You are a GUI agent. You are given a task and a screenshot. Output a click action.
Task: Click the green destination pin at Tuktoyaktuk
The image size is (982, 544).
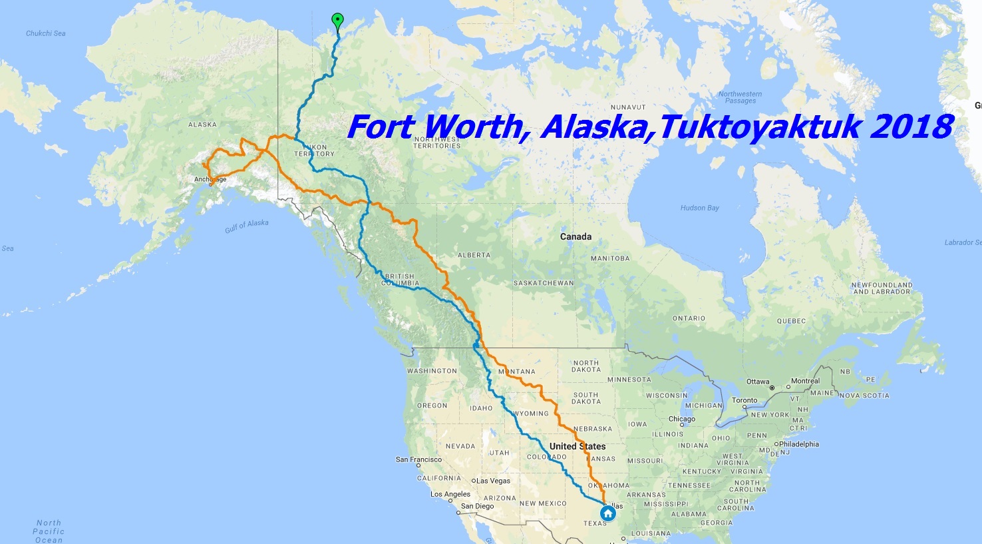(x=337, y=20)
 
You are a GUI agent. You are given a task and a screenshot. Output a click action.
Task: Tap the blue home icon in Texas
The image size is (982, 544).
(x=607, y=513)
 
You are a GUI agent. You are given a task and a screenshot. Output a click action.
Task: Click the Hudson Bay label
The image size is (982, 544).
(x=699, y=208)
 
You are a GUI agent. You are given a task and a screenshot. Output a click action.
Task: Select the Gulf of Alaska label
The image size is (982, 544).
(x=247, y=226)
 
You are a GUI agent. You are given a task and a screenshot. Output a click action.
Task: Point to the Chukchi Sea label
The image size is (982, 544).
(x=45, y=33)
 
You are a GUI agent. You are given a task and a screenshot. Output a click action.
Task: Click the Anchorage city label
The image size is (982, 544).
(x=210, y=179)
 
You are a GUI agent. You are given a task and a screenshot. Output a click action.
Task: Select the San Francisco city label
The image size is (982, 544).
(x=418, y=459)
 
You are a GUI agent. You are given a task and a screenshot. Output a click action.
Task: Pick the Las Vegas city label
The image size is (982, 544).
(x=493, y=481)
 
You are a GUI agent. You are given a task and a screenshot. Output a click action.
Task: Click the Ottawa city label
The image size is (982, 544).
(x=758, y=382)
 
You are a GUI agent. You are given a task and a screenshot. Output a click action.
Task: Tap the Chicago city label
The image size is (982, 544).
(x=681, y=419)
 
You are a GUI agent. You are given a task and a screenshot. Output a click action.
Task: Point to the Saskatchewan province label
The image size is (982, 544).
(x=544, y=283)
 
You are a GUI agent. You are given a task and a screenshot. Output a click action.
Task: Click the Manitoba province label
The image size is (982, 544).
(x=609, y=258)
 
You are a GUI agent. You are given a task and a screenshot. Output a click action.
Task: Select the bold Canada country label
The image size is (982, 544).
(x=575, y=236)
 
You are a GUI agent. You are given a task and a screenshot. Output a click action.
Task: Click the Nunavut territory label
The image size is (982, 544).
(x=628, y=107)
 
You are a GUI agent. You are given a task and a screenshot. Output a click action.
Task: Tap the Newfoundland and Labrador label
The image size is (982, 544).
(x=882, y=288)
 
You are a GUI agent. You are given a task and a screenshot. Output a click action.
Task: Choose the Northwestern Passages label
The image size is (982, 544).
(x=740, y=97)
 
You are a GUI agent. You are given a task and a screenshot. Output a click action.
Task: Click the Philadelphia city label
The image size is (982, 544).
(x=798, y=444)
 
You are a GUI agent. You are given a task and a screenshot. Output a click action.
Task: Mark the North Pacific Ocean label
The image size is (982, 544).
(x=49, y=531)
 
